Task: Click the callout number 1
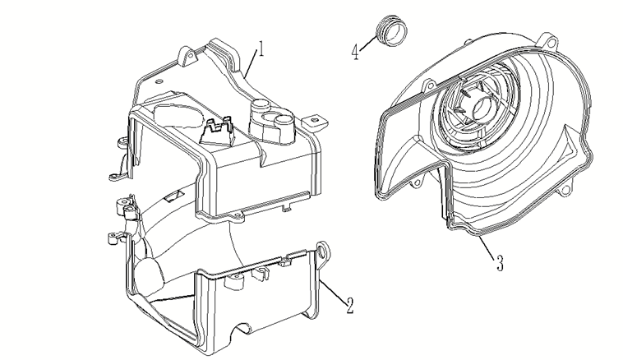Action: [x=261, y=48]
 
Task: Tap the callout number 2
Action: [x=349, y=305]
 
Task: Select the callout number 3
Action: [x=500, y=263]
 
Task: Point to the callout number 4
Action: [x=355, y=52]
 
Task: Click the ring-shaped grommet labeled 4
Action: [x=391, y=31]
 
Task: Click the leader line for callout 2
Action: [x=333, y=292]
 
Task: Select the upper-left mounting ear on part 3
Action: [x=429, y=85]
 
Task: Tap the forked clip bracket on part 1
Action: [x=217, y=131]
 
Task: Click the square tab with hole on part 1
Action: [x=315, y=120]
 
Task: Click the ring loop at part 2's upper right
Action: [x=325, y=251]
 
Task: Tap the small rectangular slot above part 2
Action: [x=174, y=195]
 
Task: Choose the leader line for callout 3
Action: [x=487, y=245]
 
